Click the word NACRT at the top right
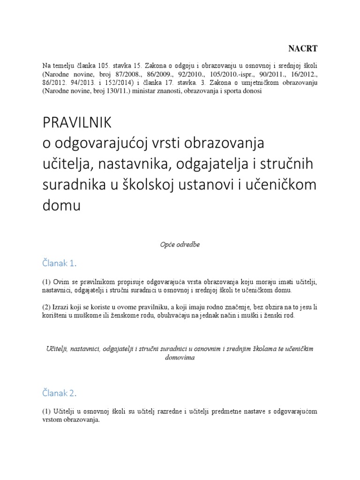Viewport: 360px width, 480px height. [x=302, y=48]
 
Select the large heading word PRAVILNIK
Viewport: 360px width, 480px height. [x=77, y=122]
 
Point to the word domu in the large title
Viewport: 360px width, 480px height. [x=61, y=205]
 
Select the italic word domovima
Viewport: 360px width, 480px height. [x=180, y=357]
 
